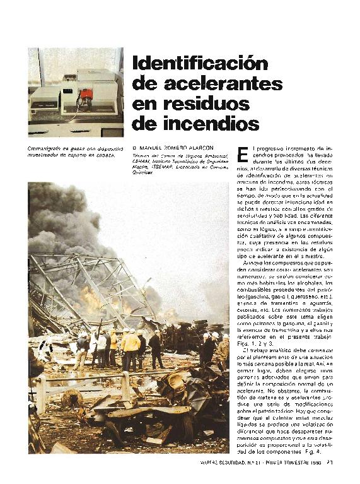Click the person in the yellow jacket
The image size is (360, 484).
pos(131,345)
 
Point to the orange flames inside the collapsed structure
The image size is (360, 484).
pos(95,298)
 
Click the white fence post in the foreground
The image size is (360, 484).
pos(42,394)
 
